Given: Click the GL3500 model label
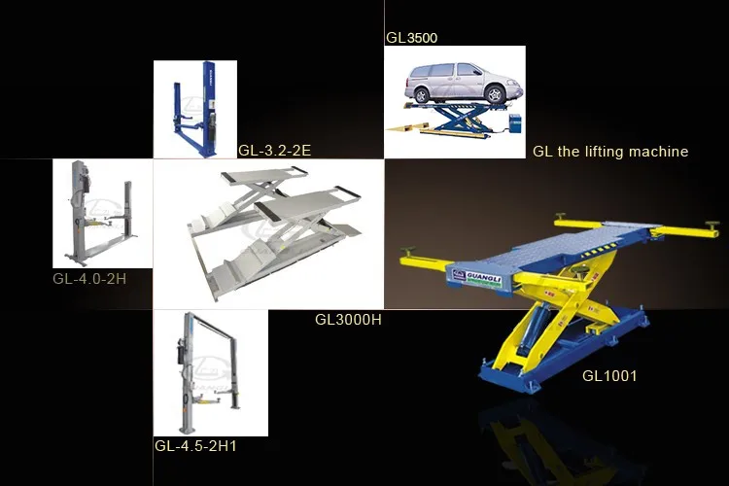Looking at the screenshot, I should click(412, 39).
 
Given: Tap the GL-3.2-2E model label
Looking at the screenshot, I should click(274, 150).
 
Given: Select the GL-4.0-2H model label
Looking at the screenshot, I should click(90, 279).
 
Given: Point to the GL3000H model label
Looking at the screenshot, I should click(348, 319).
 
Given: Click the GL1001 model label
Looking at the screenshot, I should click(609, 375).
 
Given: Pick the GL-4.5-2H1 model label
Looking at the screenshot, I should click(195, 446).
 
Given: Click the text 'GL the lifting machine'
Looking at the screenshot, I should click(610, 152).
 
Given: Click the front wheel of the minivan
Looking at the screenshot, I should click(424, 95).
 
